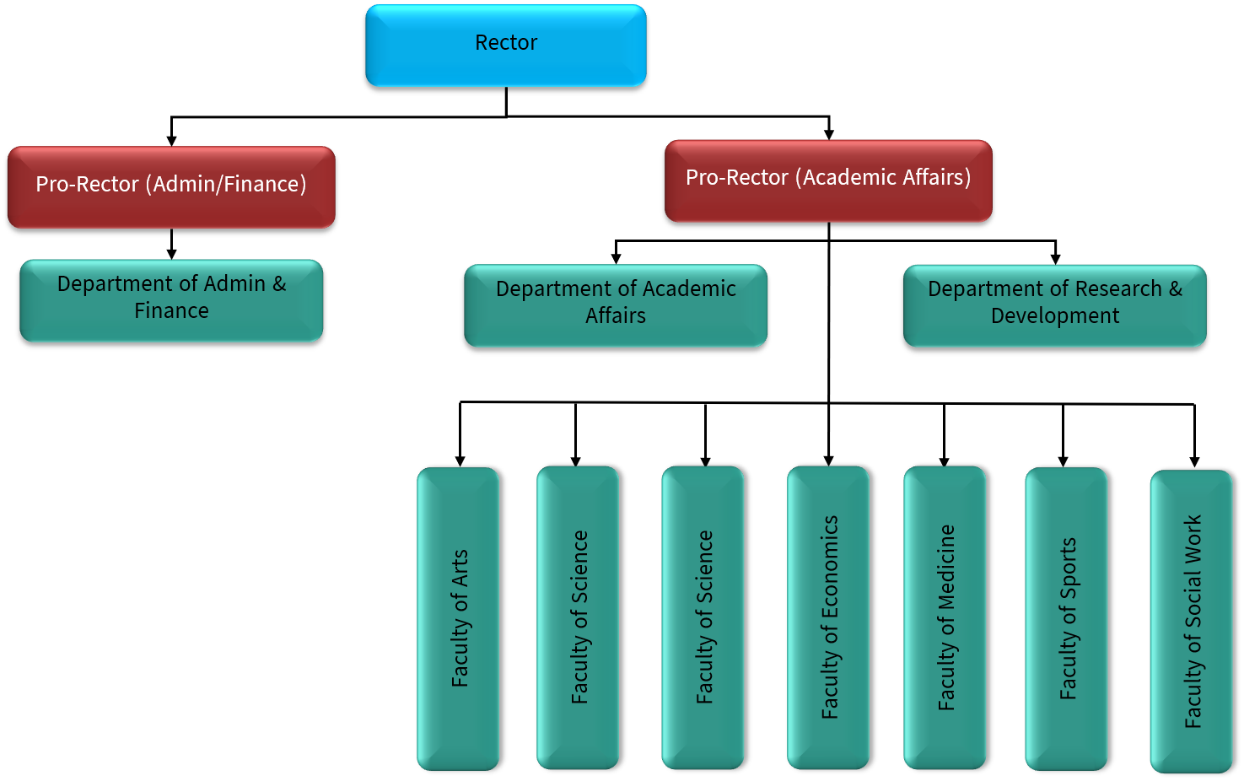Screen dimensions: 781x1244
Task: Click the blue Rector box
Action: [506, 46]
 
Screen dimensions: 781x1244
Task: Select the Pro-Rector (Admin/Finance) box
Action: [171, 186]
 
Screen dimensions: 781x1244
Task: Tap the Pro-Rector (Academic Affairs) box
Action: [828, 180]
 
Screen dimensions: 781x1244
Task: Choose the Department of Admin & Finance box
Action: [171, 300]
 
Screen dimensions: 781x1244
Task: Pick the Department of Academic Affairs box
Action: [616, 305]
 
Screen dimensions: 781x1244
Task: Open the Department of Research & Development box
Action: [1055, 305]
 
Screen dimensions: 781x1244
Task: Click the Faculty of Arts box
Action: [458, 618]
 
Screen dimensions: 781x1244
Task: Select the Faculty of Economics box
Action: [828, 617]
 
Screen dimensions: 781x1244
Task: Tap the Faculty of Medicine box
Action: [945, 617]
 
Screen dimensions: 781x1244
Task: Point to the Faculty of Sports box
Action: [1066, 618]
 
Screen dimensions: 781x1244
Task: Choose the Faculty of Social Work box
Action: [1192, 621]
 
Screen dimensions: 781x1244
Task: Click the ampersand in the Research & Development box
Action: [1176, 289]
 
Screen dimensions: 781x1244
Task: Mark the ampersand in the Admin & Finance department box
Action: [279, 284]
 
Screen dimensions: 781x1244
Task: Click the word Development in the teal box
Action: [1055, 316]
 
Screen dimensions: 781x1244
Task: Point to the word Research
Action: [1118, 289]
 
